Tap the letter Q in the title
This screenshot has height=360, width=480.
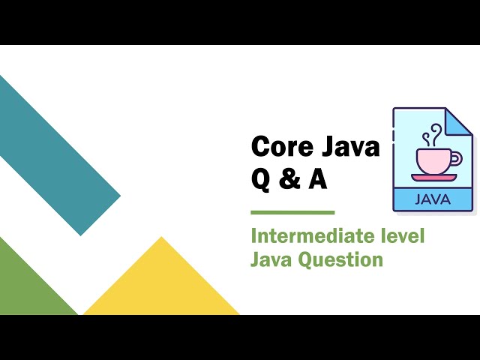point(260,180)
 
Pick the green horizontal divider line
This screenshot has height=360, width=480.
point(292,212)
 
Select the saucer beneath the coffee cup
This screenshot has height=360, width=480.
point(433,178)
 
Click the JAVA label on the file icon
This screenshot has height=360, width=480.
point(433,199)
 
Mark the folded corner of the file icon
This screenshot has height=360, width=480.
point(460,121)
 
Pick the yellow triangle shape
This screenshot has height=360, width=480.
point(160,285)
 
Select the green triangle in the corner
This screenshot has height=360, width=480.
point(26,285)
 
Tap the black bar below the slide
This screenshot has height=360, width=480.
point(240,337)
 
